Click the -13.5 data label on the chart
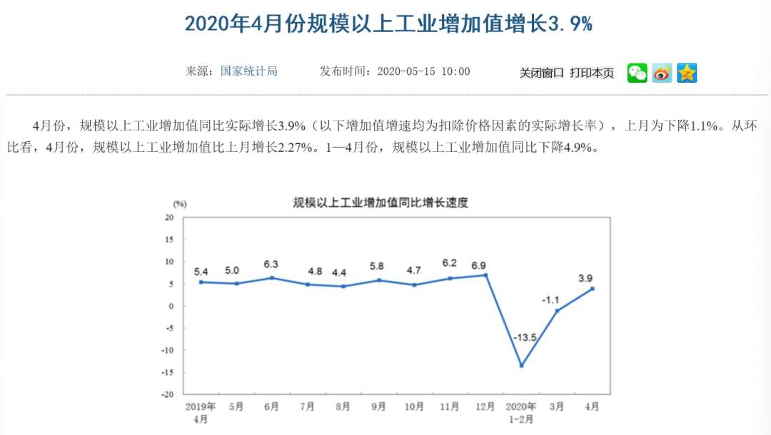click(525, 336)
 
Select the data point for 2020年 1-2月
click(521, 366)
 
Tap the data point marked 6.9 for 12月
click(485, 275)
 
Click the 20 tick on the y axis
click(170, 217)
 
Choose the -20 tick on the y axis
click(168, 394)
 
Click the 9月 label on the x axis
click(378, 406)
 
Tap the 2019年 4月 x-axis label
click(201, 412)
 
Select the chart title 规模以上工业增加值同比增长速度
click(381, 203)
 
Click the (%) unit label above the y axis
click(179, 204)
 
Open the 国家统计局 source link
click(248, 71)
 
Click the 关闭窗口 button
click(541, 73)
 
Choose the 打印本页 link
click(592, 73)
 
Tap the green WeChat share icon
click(638, 73)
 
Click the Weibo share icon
click(662, 73)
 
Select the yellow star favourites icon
click(687, 73)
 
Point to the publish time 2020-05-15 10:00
click(423, 71)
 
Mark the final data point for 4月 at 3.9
click(593, 289)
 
